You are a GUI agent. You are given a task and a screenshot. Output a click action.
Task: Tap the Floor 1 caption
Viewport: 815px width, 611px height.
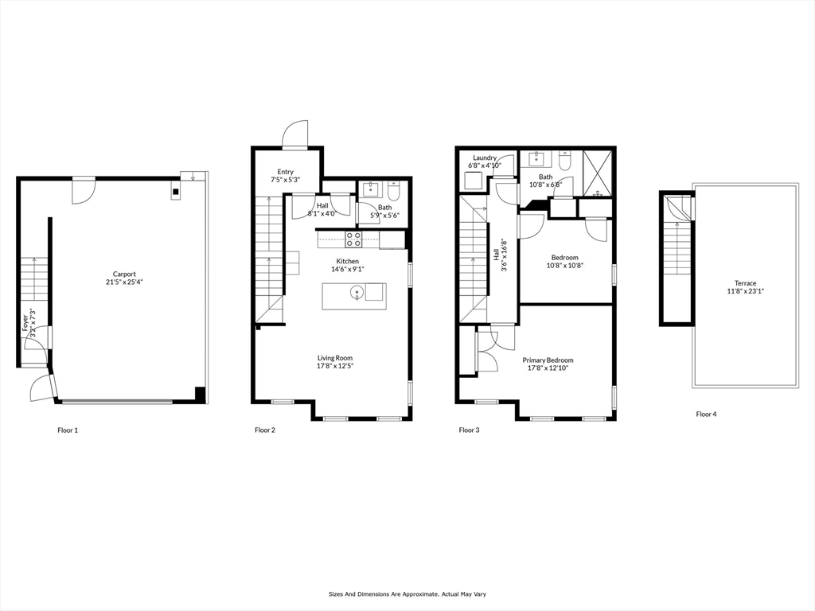click(x=68, y=430)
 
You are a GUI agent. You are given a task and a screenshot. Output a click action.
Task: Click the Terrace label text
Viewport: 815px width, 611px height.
click(x=745, y=283)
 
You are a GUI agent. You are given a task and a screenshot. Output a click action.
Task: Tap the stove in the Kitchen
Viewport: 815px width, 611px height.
click(x=353, y=239)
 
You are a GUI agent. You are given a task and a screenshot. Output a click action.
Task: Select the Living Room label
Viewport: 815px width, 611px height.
click(x=334, y=358)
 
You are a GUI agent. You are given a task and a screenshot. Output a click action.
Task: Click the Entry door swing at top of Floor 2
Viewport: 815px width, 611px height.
click(x=294, y=134)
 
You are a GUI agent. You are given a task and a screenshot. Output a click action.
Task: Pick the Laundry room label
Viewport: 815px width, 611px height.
click(x=485, y=158)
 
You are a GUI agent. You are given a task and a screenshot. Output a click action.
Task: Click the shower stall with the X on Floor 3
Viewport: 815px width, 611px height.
click(x=597, y=173)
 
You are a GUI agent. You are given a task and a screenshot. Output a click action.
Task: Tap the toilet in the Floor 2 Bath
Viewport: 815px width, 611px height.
click(x=393, y=191)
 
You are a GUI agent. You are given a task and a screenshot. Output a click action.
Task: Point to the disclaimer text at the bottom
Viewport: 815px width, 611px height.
click(x=407, y=593)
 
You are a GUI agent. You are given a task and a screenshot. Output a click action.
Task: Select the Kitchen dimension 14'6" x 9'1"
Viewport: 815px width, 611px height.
click(x=347, y=270)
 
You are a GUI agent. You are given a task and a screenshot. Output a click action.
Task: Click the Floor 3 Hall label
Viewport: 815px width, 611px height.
click(x=496, y=255)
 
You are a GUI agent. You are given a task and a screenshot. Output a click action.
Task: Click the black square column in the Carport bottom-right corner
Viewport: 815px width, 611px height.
click(x=201, y=393)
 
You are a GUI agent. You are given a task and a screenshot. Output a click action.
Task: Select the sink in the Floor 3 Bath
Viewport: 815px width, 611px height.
click(x=536, y=158)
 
